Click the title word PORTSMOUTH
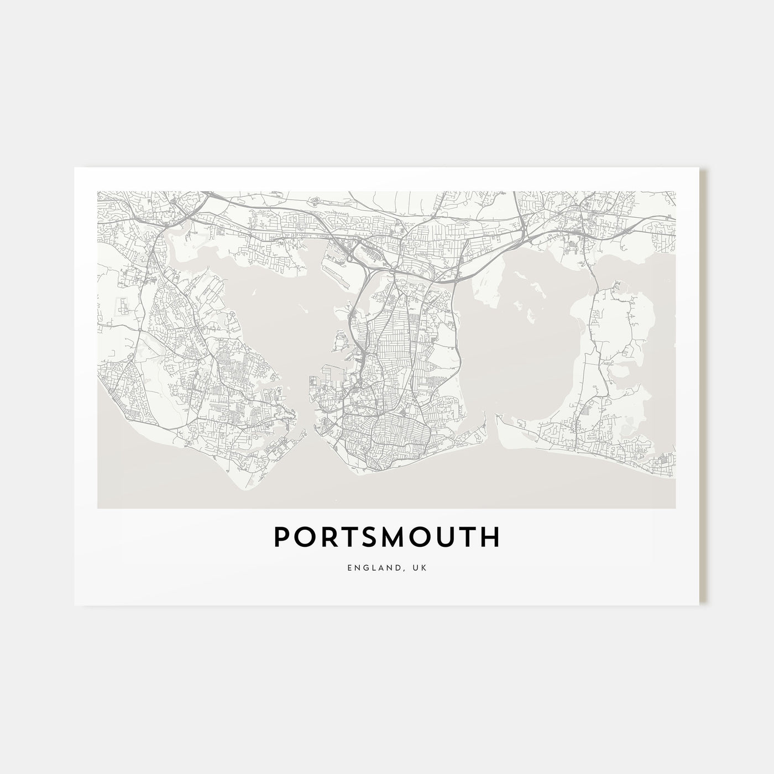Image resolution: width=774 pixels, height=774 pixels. [x=387, y=537]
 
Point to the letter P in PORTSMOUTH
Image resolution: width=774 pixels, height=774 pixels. [x=281, y=537]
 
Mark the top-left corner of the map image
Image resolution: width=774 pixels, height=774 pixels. [x=97, y=192]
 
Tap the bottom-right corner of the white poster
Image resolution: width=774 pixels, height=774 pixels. [x=699, y=604]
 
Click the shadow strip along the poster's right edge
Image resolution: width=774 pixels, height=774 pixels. [x=703, y=387]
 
